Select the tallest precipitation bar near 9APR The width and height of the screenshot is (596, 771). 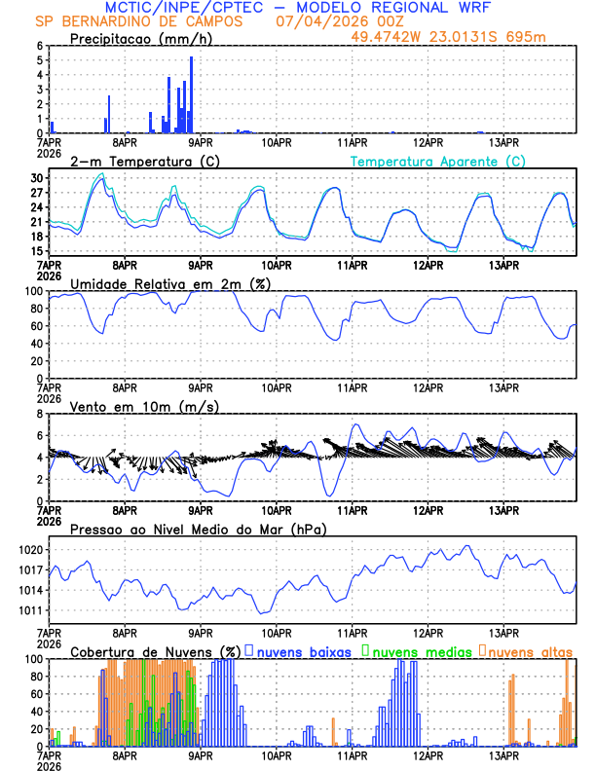(x=191, y=94)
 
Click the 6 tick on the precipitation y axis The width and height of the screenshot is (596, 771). (x=40, y=46)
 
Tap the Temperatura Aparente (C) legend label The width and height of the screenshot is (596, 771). (x=438, y=161)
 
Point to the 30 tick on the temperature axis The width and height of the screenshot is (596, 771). (x=37, y=179)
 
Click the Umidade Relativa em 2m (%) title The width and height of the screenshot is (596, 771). (x=170, y=283)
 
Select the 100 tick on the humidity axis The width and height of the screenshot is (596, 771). (x=33, y=291)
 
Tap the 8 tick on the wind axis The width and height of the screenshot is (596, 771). (x=40, y=415)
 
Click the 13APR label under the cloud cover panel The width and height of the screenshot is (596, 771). (x=503, y=754)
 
